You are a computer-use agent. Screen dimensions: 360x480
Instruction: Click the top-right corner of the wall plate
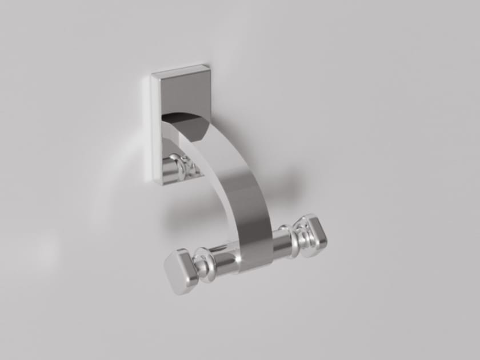coord(209,66)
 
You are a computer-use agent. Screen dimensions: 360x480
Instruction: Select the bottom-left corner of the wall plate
coord(155,182)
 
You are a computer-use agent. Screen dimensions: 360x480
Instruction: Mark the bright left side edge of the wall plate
coord(155,131)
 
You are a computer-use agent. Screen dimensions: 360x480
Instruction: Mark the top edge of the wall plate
coord(181,70)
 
